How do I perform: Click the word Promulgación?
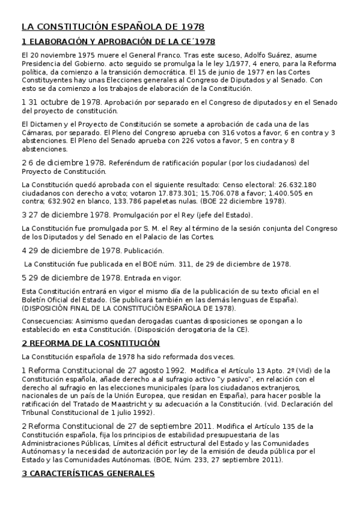pyautogui.click(x=139, y=215)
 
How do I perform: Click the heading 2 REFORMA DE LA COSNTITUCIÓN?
pyautogui.click(x=91, y=343)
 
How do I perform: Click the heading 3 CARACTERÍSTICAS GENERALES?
pyautogui.click(x=88, y=473)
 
